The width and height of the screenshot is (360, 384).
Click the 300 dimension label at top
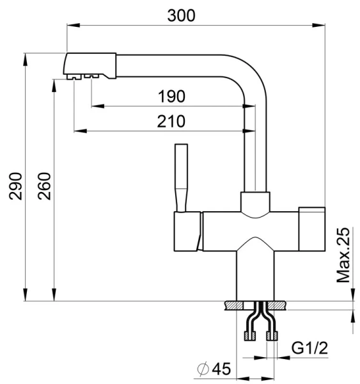pos(182,15)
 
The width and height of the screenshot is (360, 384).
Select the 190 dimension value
pos(171,97)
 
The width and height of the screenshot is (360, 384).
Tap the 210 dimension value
pos(171,122)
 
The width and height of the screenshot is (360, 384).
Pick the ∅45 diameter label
pos(214,369)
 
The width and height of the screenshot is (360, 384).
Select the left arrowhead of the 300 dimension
pos(71,26)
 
